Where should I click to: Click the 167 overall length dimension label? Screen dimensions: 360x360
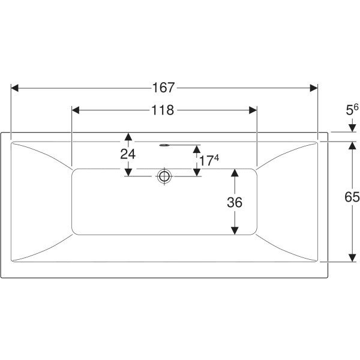click(x=163, y=88)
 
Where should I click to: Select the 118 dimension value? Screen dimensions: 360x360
click(x=163, y=110)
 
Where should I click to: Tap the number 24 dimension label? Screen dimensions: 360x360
click(x=128, y=154)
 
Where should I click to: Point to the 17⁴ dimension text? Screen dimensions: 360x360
click(x=209, y=160)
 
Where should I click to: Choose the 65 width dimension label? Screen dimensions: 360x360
click(x=352, y=197)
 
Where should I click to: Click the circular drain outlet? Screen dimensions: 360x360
click(x=164, y=176)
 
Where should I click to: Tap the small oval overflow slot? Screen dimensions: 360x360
click(x=164, y=145)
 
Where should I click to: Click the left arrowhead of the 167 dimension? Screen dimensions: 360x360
click(x=14, y=88)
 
